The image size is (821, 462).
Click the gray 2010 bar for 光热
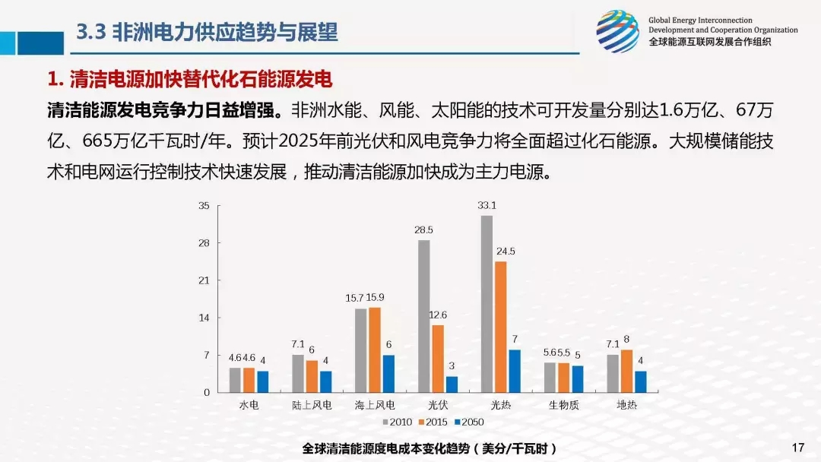tap(487, 304)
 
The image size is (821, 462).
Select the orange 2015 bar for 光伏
tap(438, 358)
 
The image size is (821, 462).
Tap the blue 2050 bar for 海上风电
tap(388, 373)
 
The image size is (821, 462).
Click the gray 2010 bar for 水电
tap(235, 380)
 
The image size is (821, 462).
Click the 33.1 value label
tap(487, 205)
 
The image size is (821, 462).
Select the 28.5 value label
tap(423, 229)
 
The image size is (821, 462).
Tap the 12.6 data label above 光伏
tap(438, 315)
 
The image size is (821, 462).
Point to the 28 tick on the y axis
tap(204, 243)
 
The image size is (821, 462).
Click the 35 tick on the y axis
tap(204, 206)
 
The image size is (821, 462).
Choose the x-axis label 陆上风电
tap(312, 405)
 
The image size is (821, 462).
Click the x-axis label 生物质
tap(564, 405)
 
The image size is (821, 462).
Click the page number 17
tap(797, 447)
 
